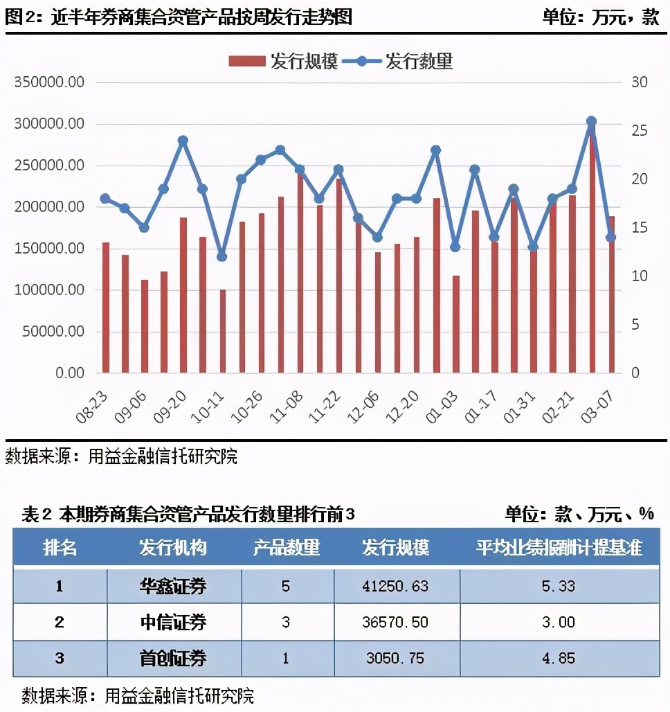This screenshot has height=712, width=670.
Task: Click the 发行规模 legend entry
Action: pyautogui.click(x=284, y=61)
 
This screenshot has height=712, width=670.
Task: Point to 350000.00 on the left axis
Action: pyautogui.click(x=49, y=82)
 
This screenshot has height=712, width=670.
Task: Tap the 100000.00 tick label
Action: pyautogui.click(x=49, y=290)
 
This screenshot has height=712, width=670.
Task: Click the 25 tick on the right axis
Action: pyautogui.click(x=639, y=131)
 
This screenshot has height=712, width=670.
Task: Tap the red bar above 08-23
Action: pyautogui.click(x=106, y=308)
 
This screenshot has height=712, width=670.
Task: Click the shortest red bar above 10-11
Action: pyautogui.click(x=222, y=331)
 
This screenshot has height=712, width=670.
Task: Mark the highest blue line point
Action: pyautogui.click(x=591, y=121)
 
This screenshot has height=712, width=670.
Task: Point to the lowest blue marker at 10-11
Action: pyautogui.click(x=221, y=256)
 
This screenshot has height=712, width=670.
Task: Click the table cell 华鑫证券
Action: pyautogui.click(x=173, y=587)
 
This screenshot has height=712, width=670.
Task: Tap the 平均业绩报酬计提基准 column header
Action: pyautogui.click(x=559, y=548)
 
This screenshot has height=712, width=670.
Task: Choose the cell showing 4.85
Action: pyautogui.click(x=559, y=658)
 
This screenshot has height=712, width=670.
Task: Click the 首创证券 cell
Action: pyautogui.click(x=173, y=658)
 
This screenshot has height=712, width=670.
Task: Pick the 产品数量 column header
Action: pyautogui.click(x=287, y=548)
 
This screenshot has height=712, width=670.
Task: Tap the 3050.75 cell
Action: pyautogui.click(x=395, y=658)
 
